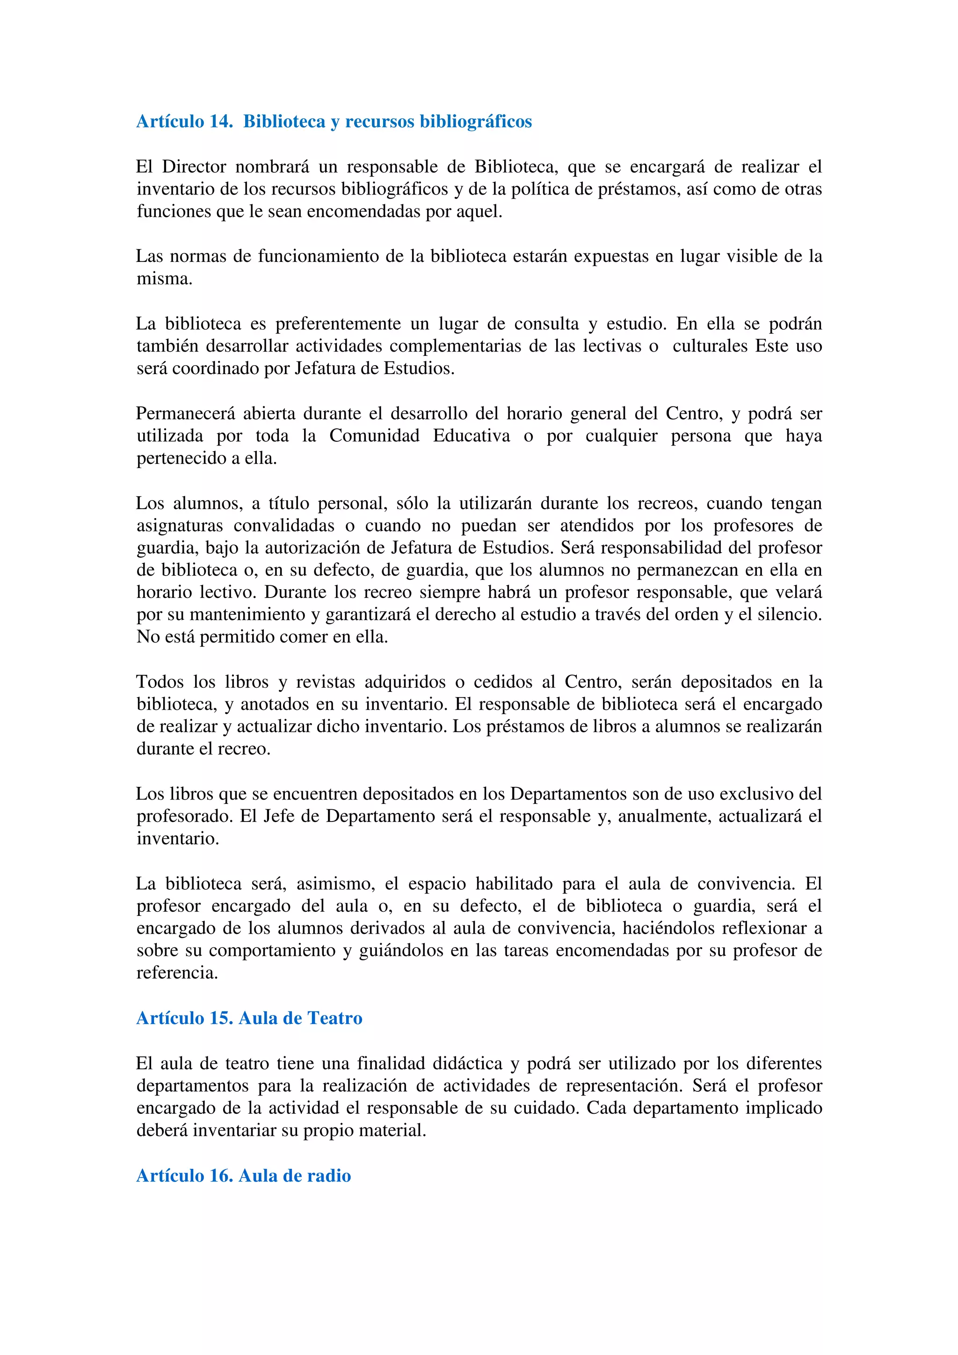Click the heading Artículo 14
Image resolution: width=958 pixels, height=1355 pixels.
184,122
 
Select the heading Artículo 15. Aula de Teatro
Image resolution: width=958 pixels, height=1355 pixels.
249,1018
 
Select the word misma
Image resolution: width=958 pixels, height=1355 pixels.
164,279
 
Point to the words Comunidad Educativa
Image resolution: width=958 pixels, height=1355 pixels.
419,436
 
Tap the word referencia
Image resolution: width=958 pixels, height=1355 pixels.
177,973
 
